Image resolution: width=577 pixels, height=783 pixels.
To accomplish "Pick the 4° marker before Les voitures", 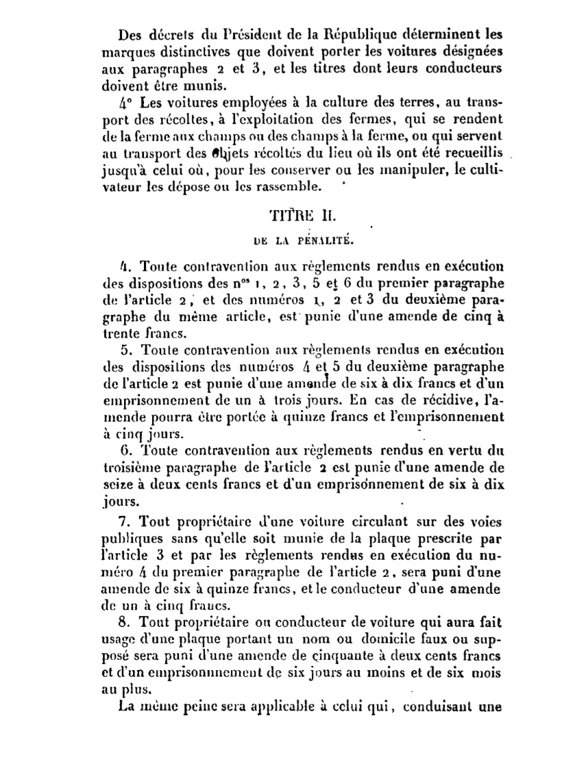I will [125, 103].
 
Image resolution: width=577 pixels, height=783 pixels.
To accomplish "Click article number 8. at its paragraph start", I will [125, 624].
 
